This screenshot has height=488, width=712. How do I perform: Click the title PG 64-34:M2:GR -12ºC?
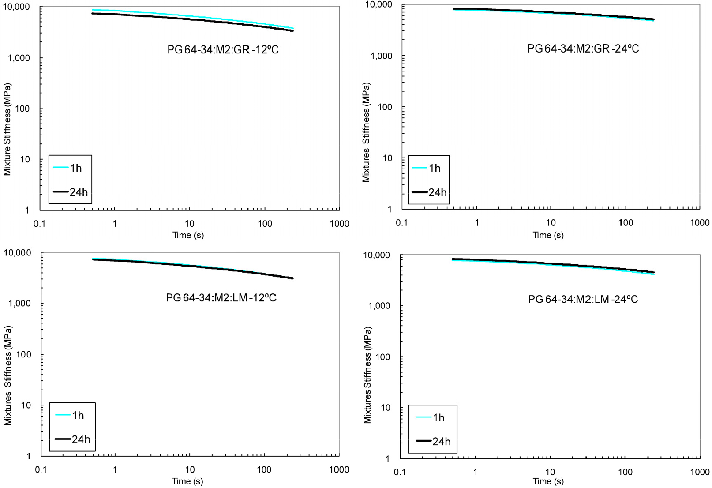pyautogui.click(x=223, y=49)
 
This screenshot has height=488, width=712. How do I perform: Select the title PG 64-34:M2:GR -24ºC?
pyautogui.click(x=583, y=49)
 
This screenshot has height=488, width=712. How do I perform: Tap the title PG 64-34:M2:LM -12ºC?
pyautogui.click(x=221, y=298)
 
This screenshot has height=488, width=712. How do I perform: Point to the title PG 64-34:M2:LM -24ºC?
pyautogui.click(x=583, y=299)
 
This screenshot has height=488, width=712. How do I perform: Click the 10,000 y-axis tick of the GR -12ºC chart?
pyautogui.click(x=17, y=7)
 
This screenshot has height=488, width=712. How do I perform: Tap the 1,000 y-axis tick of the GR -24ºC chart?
pyautogui.click(x=381, y=56)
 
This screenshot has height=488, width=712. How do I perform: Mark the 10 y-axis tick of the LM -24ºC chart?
pyautogui.click(x=386, y=408)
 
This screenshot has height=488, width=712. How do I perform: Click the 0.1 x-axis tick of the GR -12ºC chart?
pyautogui.click(x=40, y=224)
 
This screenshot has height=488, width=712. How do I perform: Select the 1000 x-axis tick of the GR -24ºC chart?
pyautogui.click(x=699, y=223)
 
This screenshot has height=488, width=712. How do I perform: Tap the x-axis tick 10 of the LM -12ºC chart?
pyautogui.click(x=190, y=469)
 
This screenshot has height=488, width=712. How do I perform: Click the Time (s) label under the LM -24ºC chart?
pyautogui.click(x=548, y=481)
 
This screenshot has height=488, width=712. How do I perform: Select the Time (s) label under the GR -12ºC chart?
pyautogui.click(x=188, y=235)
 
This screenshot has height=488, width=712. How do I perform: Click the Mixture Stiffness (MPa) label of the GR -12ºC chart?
pyautogui.click(x=7, y=129)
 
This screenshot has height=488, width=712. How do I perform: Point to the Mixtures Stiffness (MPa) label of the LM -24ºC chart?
pyautogui.click(x=367, y=375)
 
